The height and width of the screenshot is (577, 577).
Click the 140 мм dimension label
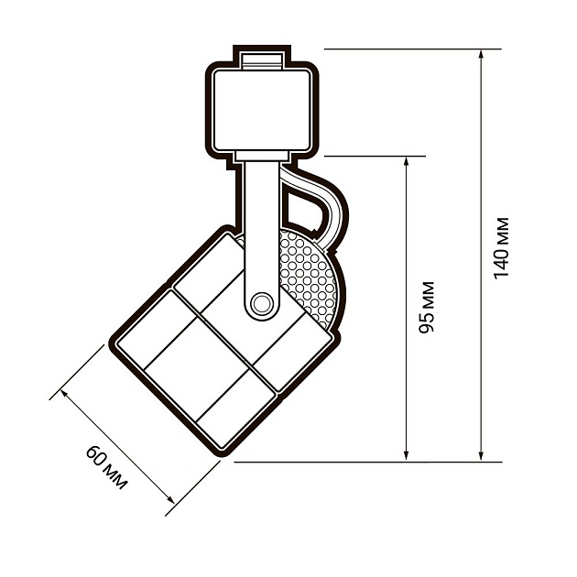pos(501,248)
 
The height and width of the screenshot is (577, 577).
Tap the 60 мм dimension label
pos(106,467)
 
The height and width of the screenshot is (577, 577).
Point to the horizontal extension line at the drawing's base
pos(366,462)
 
